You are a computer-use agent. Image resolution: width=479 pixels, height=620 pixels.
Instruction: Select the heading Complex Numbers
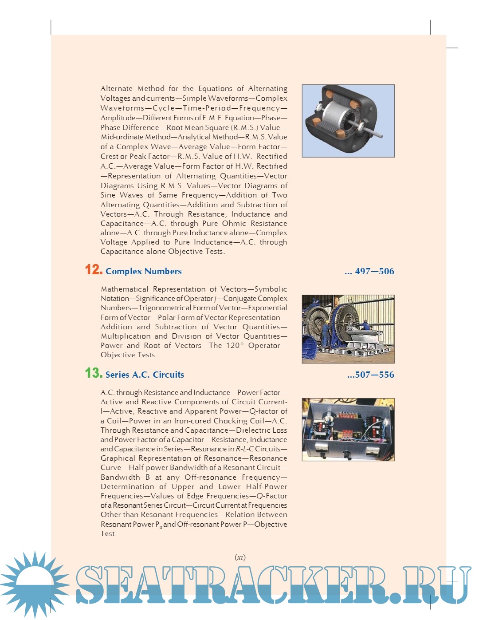(143, 271)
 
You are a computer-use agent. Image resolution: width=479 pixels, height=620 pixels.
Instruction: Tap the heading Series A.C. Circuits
(145, 375)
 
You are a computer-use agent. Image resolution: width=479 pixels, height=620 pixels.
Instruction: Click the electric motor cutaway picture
(348, 121)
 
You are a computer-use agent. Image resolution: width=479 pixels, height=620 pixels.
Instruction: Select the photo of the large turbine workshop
(348, 329)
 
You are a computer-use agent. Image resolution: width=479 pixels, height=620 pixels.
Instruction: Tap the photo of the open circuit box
(348, 429)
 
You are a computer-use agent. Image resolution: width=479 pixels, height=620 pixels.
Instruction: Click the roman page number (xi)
(240, 557)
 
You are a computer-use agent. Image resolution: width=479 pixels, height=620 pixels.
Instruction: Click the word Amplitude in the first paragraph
(118, 118)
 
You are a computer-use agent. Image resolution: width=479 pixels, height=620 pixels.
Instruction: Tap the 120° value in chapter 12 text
(235, 345)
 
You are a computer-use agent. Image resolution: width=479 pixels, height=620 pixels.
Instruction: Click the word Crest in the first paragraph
(109, 156)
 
